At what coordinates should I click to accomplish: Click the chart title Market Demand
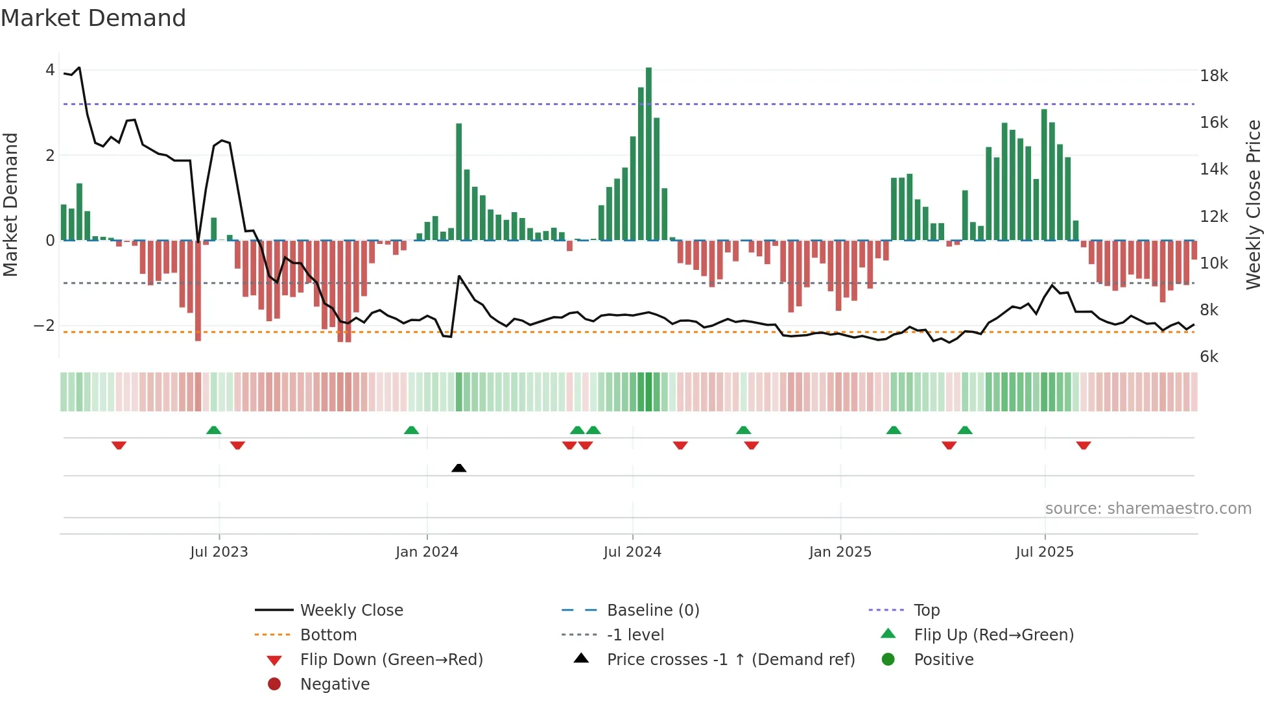click(93, 18)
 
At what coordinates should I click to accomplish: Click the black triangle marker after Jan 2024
click(458, 468)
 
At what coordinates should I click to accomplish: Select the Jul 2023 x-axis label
click(219, 552)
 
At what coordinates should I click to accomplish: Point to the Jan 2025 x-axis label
click(840, 552)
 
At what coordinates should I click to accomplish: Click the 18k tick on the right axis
click(1213, 76)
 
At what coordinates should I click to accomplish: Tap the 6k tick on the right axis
click(1209, 357)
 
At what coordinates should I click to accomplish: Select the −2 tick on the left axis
click(44, 326)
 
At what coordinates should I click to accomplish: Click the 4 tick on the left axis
click(50, 70)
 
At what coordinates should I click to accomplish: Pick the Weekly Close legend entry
click(351, 611)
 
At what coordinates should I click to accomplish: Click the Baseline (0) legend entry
click(652, 611)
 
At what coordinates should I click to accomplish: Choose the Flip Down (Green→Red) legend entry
click(391, 660)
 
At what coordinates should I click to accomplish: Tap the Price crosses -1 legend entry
click(730, 660)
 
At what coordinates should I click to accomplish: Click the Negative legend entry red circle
click(274, 685)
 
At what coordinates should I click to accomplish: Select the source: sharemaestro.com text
click(1148, 509)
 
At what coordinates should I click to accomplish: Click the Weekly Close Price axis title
click(1253, 204)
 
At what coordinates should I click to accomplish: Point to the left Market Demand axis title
click(10, 204)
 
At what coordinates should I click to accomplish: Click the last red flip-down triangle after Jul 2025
click(1083, 445)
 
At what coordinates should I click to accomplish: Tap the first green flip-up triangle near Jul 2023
click(213, 430)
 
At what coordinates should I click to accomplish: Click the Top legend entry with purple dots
click(926, 611)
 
